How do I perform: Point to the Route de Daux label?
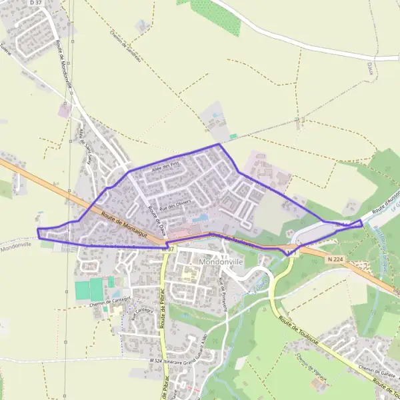[x=155, y=216]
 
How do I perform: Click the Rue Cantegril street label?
[x=143, y=311]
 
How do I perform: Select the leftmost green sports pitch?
[x=81, y=289]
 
